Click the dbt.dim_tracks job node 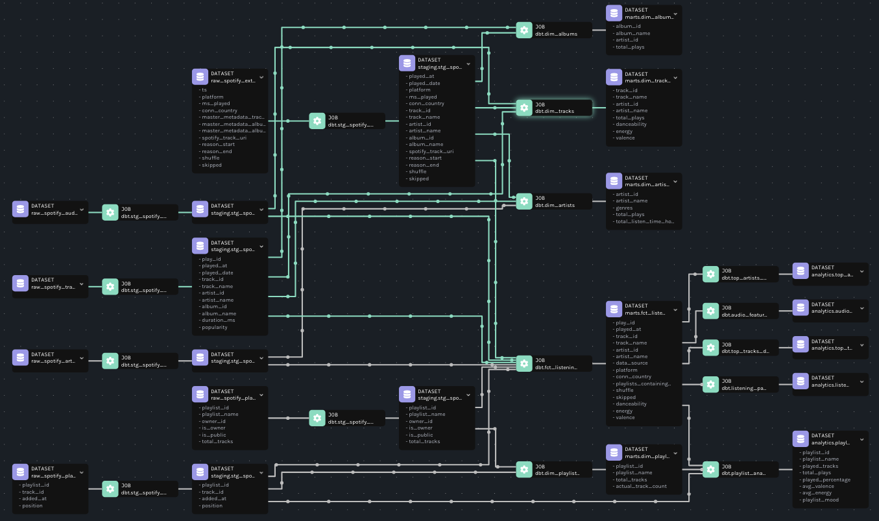pyautogui.click(x=554, y=108)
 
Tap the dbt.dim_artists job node pyautogui.click(x=554, y=201)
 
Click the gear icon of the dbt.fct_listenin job pyautogui.click(x=524, y=363)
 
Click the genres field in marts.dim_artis pyautogui.click(x=624, y=208)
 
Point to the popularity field pyautogui.click(x=215, y=327)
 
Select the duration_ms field pyautogui.click(x=219, y=321)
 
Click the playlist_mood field pyautogui.click(x=821, y=500)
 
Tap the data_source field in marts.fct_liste pyautogui.click(x=631, y=363)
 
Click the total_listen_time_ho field pyautogui.click(x=645, y=221)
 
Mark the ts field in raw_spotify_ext pyautogui.click(x=204, y=90)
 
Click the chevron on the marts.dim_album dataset pyautogui.click(x=675, y=13)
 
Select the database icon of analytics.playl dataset pyautogui.click(x=801, y=439)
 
